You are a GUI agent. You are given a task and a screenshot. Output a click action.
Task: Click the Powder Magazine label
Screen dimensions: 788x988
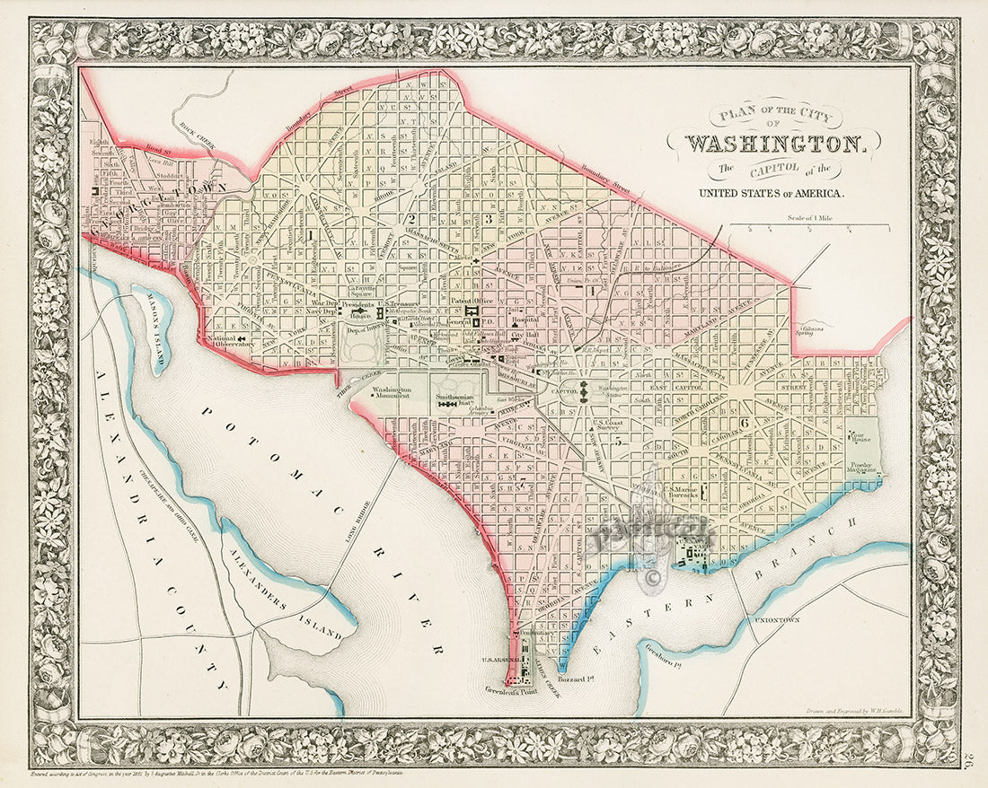point(863,468)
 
